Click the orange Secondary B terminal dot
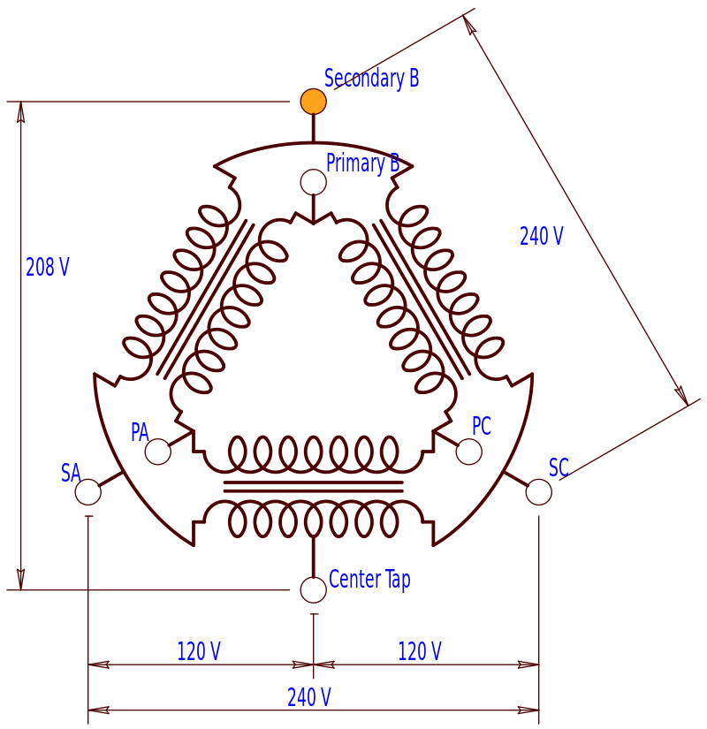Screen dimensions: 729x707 click(313, 102)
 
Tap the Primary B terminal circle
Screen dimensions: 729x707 click(313, 182)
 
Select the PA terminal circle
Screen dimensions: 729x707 click(157, 452)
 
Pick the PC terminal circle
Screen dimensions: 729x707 click(468, 452)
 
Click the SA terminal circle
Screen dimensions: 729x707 click(87, 492)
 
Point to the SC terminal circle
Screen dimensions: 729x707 click(539, 492)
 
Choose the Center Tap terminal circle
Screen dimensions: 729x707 click(313, 589)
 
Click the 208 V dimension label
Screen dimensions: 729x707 click(48, 267)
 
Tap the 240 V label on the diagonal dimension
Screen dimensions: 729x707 click(541, 236)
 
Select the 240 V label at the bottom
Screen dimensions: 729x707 click(309, 697)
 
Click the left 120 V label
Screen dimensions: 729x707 click(199, 651)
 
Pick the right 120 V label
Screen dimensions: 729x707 click(420, 651)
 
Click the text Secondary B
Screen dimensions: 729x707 click(371, 78)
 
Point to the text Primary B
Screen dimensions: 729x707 click(362, 163)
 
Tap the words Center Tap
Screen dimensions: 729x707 click(369, 580)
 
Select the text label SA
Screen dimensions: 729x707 click(71, 473)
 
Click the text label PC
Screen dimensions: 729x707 click(481, 426)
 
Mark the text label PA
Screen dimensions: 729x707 click(140, 432)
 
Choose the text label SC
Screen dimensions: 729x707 click(559, 467)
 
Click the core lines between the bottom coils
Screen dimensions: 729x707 click(313, 486)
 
